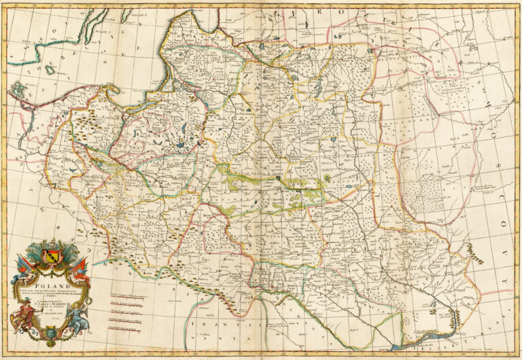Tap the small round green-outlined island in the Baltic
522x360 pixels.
click(17, 88)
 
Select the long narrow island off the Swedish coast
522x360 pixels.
click(92, 22)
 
